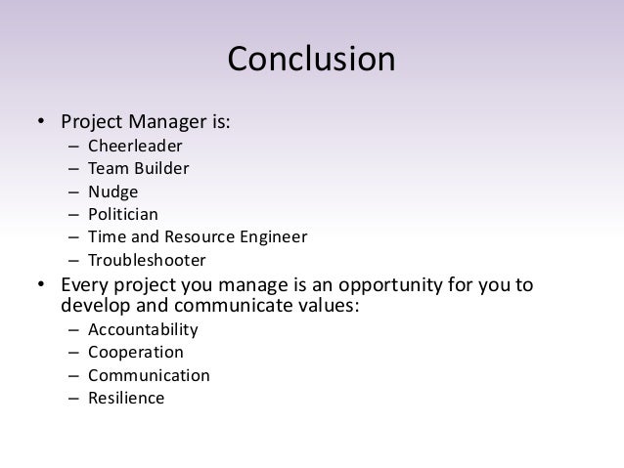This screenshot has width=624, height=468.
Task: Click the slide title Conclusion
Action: (x=311, y=60)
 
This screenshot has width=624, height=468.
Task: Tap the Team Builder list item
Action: (x=138, y=169)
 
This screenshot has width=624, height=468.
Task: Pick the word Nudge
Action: (x=112, y=191)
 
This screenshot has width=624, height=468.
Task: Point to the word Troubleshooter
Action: (x=147, y=260)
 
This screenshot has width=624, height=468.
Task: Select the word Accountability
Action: (x=143, y=329)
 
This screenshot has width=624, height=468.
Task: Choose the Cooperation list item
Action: (x=135, y=352)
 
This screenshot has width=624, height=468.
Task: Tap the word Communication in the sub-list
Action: (x=148, y=375)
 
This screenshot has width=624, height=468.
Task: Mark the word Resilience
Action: (x=126, y=398)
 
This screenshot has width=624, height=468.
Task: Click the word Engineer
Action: (x=273, y=237)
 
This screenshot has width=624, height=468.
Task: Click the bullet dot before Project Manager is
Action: (x=41, y=124)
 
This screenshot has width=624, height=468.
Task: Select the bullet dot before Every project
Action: (x=41, y=286)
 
